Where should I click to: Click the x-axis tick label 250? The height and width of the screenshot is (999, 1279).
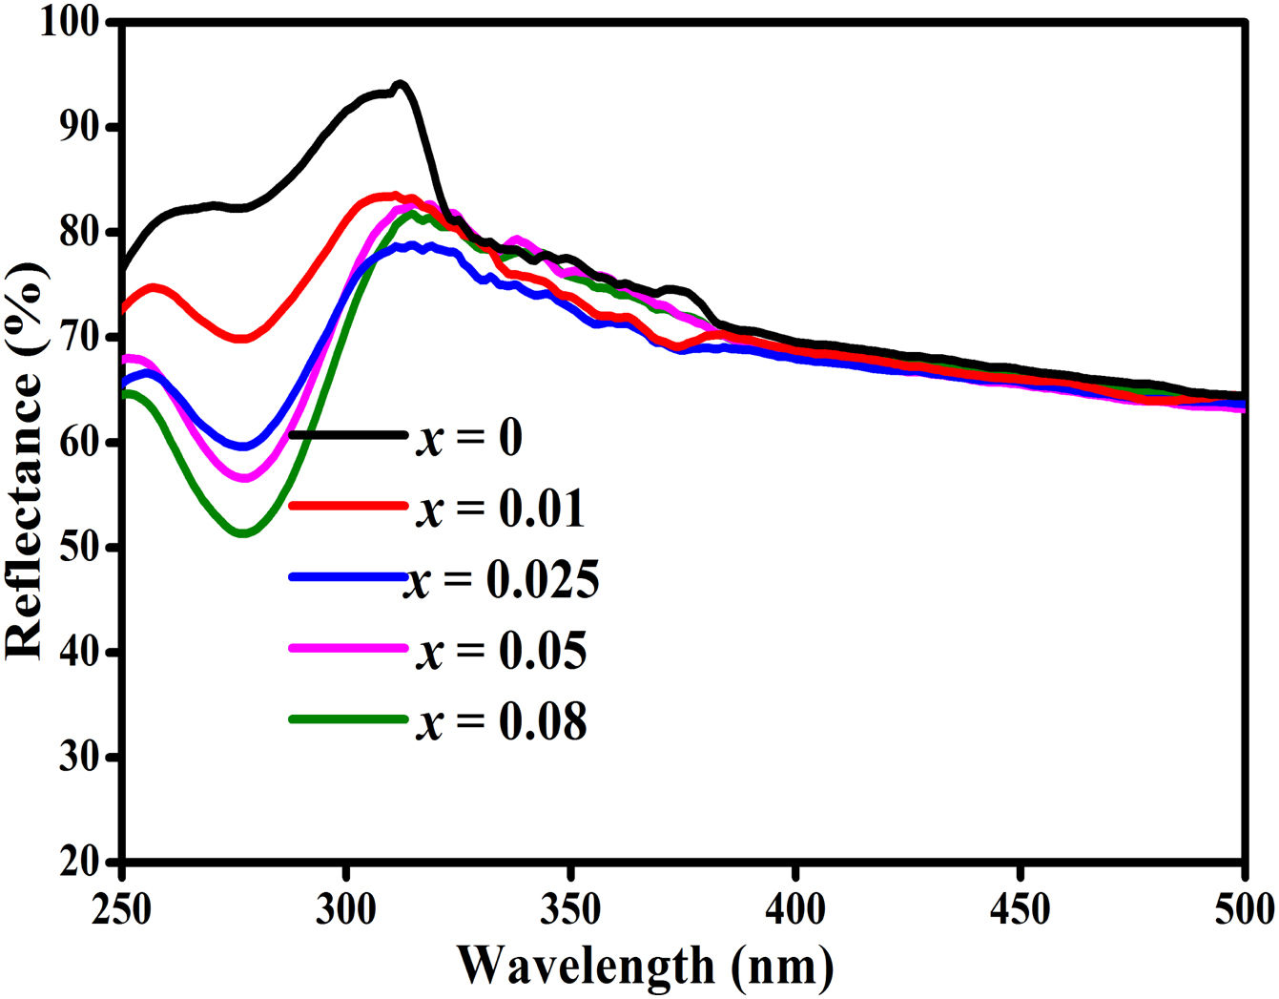click(122, 909)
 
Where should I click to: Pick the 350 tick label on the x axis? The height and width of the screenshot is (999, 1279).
click(570, 909)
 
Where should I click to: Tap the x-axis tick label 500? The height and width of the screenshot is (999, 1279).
click(1243, 909)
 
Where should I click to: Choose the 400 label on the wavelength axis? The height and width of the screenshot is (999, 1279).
click(795, 909)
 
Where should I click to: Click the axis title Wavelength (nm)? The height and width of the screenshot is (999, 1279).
click(646, 966)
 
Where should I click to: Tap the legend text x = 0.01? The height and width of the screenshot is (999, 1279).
click(501, 509)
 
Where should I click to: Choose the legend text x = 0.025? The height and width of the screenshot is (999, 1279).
click(503, 579)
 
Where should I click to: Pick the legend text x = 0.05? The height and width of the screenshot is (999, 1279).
click(501, 651)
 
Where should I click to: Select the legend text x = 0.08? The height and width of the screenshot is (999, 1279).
click(501, 721)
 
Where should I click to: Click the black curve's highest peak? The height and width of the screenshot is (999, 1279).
click(401, 84)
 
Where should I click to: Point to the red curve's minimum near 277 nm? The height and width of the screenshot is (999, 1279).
click(242, 338)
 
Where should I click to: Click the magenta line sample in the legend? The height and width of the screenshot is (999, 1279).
click(347, 648)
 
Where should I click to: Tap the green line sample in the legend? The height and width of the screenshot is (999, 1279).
click(347, 718)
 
